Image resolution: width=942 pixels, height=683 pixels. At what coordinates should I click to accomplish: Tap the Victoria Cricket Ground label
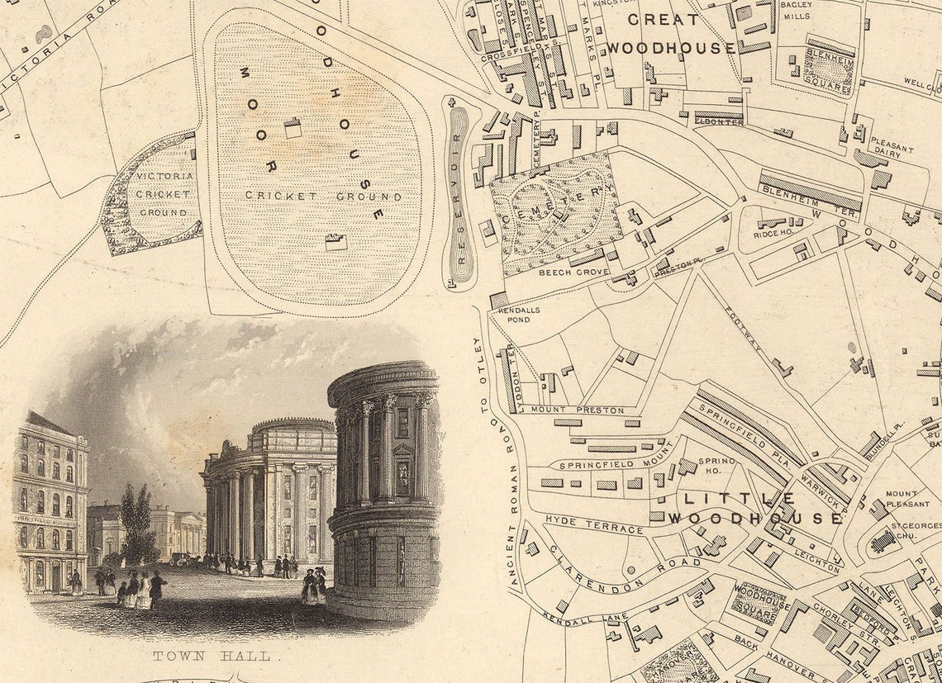click(164, 194)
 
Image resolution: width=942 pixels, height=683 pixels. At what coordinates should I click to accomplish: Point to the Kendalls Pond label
click(520, 315)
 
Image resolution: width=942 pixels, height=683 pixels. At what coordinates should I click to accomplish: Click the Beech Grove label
click(573, 272)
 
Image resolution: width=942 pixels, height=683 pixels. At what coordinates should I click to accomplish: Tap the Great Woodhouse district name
click(670, 33)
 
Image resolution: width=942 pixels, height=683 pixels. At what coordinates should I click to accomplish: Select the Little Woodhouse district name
click(754, 509)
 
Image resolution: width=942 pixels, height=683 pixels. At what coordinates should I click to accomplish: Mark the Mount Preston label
click(565, 409)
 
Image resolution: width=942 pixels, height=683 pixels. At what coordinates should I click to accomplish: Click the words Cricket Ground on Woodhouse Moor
click(323, 197)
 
